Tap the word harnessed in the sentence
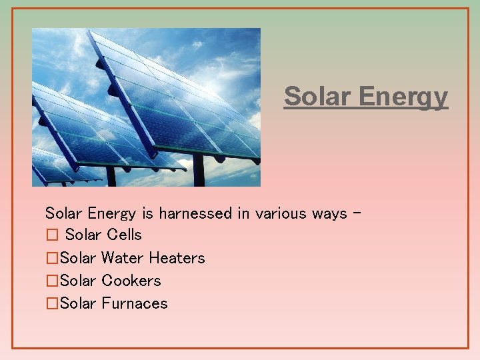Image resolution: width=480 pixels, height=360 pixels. point(196,213)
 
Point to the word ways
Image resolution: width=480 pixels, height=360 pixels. point(329,214)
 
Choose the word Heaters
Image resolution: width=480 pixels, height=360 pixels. point(177,258)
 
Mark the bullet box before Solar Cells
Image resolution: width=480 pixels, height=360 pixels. point(52,235)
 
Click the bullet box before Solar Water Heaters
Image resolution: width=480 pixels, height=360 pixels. point(52,258)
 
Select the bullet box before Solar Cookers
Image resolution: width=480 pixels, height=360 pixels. point(52,281)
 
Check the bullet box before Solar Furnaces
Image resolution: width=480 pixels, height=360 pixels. point(52,303)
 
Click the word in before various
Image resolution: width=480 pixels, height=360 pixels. point(244,213)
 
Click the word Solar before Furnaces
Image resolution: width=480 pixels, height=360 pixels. point(78,303)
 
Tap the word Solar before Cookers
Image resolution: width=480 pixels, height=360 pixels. point(78,281)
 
